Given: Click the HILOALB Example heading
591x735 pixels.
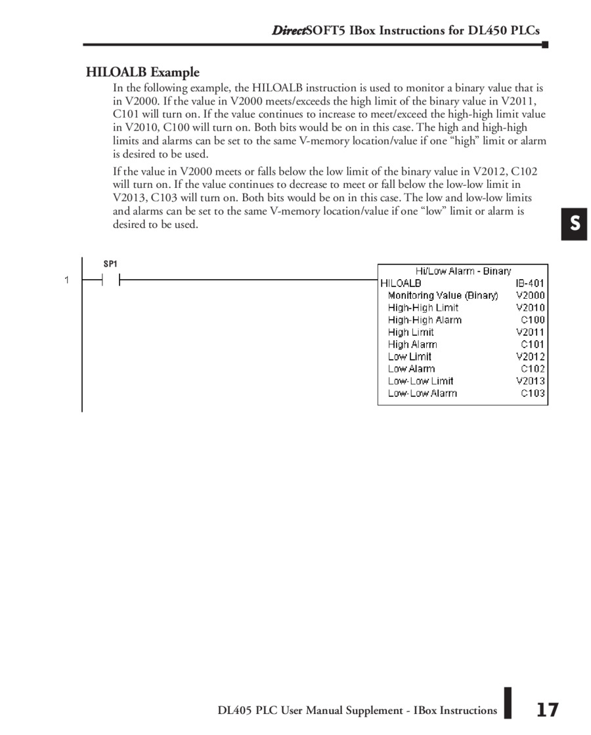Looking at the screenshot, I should [142, 72].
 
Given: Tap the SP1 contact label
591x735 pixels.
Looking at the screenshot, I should [110, 264].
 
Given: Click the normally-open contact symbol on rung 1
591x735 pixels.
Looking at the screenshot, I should [110, 280].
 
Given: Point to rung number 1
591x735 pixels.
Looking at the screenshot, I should [66, 280].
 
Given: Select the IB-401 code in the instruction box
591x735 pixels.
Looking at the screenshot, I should [530, 283].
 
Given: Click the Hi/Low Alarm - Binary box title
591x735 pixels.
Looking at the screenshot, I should [463, 271].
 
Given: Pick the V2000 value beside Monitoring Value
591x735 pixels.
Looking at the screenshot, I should [530, 296].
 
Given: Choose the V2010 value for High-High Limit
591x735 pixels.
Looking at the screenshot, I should [530, 307].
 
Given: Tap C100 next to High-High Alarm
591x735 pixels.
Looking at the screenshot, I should [533, 320].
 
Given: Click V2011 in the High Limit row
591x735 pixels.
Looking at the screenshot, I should [530, 332].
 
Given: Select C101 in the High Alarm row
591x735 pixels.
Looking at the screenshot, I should [533, 344].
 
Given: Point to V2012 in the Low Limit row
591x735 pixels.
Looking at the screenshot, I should [530, 357].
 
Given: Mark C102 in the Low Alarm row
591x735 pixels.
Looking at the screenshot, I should [533, 368].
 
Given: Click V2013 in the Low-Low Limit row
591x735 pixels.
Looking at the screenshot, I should [530, 381].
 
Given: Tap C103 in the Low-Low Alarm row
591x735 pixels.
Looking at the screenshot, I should [533, 393].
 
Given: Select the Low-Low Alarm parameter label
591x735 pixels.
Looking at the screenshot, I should [422, 393].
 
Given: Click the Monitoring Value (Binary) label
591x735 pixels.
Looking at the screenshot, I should [443, 296].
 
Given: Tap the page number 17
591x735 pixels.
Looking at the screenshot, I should [547, 710].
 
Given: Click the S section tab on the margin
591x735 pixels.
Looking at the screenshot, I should [574, 224].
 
